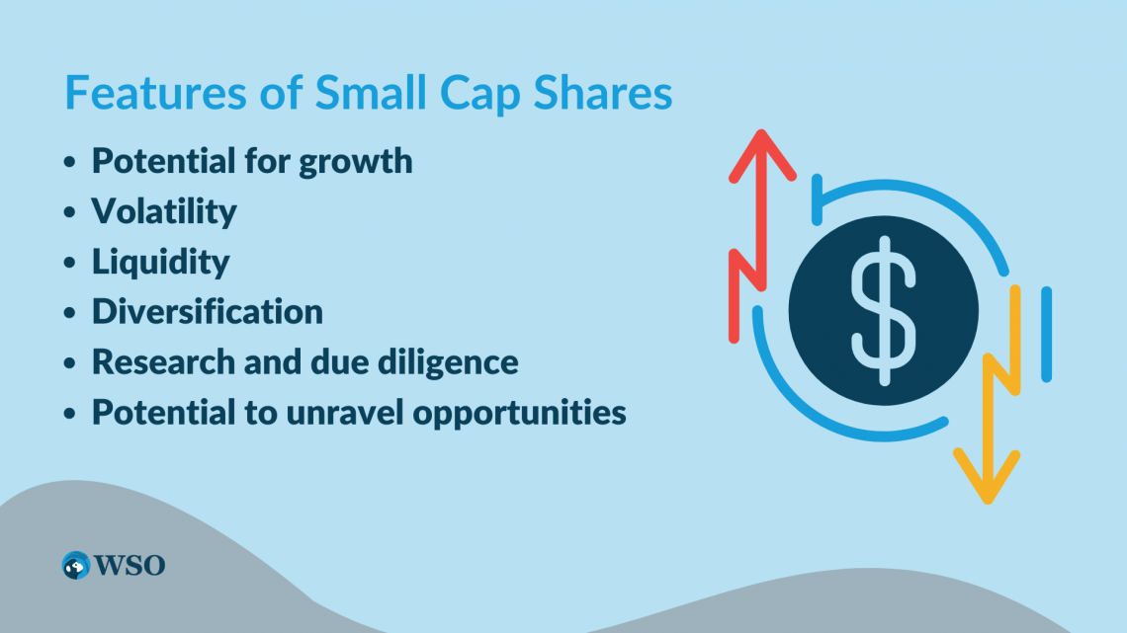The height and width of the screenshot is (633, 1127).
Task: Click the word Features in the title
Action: tap(155, 93)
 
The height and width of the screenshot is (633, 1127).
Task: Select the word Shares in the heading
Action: tap(602, 93)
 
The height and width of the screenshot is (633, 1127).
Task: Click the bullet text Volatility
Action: tap(164, 211)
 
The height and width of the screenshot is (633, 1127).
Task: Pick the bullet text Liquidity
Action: tap(160, 262)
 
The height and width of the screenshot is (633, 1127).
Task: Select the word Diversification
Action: tap(207, 311)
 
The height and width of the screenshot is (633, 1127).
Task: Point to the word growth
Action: tap(356, 162)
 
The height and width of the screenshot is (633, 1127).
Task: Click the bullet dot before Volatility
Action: tap(70, 212)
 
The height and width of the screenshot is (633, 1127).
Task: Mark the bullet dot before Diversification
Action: tap(70, 313)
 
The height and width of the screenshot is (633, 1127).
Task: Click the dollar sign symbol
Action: tap(884, 311)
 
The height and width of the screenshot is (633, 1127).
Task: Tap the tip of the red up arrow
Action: tap(762, 131)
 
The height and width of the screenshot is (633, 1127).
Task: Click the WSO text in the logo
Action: tap(130, 566)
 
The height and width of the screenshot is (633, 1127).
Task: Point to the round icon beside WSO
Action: tap(75, 566)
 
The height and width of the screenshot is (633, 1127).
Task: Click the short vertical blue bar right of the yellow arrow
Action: tap(1047, 335)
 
